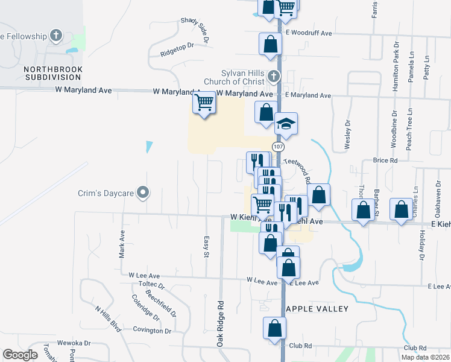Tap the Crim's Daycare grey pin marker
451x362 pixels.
tap(143, 192)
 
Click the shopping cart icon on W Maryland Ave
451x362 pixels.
tap(204, 103)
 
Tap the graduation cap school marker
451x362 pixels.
tap(286, 124)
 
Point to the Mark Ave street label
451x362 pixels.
tap(122, 244)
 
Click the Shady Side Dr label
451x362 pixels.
tap(194, 29)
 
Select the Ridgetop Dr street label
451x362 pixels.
tap(177, 49)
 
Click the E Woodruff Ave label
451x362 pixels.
tap(309, 33)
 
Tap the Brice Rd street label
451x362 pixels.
tap(385, 160)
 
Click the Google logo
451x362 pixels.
tap(20, 355)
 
